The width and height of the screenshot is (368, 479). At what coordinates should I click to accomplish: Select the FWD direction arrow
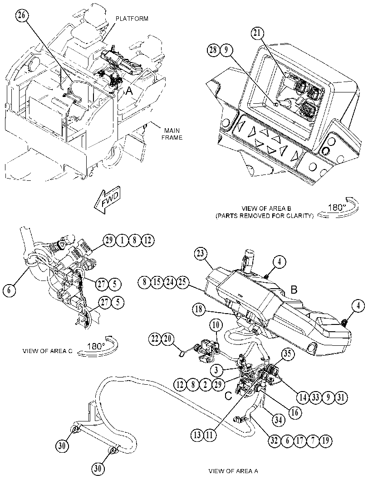pyautogui.click(x=107, y=200)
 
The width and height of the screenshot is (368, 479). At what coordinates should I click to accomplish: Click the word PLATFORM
pyautogui.click(x=132, y=19)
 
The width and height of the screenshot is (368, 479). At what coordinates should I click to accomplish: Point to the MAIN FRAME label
pyautogui.click(x=172, y=135)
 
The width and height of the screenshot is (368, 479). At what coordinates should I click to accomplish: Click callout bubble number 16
pyautogui.click(x=294, y=412)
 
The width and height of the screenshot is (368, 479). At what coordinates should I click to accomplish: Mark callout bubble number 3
pyautogui.click(x=216, y=370)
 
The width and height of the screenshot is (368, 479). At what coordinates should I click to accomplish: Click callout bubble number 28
pyautogui.click(x=215, y=50)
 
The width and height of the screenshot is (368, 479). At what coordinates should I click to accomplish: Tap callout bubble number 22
pyautogui.click(x=155, y=339)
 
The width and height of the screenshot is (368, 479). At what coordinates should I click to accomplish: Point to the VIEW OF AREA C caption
pyautogui.click(x=47, y=351)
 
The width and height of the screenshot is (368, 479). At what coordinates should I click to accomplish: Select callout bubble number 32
pyautogui.click(x=275, y=440)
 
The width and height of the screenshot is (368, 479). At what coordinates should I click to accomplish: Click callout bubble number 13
pyautogui.click(x=197, y=435)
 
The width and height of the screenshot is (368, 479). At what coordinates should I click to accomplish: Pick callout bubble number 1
pyautogui.click(x=122, y=241)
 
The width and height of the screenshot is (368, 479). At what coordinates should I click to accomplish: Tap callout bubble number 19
pyautogui.click(x=325, y=440)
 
